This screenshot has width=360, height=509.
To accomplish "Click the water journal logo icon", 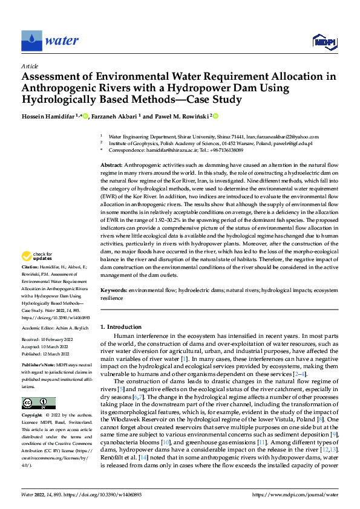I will tap(31, 40).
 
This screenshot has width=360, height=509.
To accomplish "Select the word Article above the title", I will tap(29, 65).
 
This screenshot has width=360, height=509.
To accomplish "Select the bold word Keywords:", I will tap(114, 291).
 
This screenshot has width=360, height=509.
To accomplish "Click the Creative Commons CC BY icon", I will tap(39, 403).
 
